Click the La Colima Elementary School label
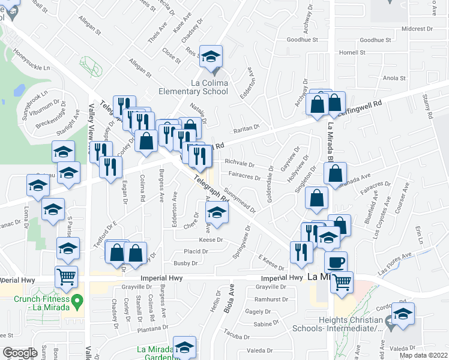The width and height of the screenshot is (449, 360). (193, 87)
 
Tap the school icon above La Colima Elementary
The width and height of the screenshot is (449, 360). (211, 57)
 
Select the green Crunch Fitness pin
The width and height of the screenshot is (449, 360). (76, 300)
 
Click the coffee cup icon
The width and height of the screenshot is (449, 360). (336, 262)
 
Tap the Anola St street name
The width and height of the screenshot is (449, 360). (395, 78)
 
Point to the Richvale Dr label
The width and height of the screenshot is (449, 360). (240, 163)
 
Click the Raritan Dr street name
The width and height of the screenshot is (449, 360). (246, 127)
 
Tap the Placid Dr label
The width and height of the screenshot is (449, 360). (196, 251)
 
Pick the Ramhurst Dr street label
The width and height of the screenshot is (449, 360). (271, 299)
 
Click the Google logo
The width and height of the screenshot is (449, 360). (19, 353)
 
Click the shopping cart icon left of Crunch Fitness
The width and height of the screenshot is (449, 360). (66, 277)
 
